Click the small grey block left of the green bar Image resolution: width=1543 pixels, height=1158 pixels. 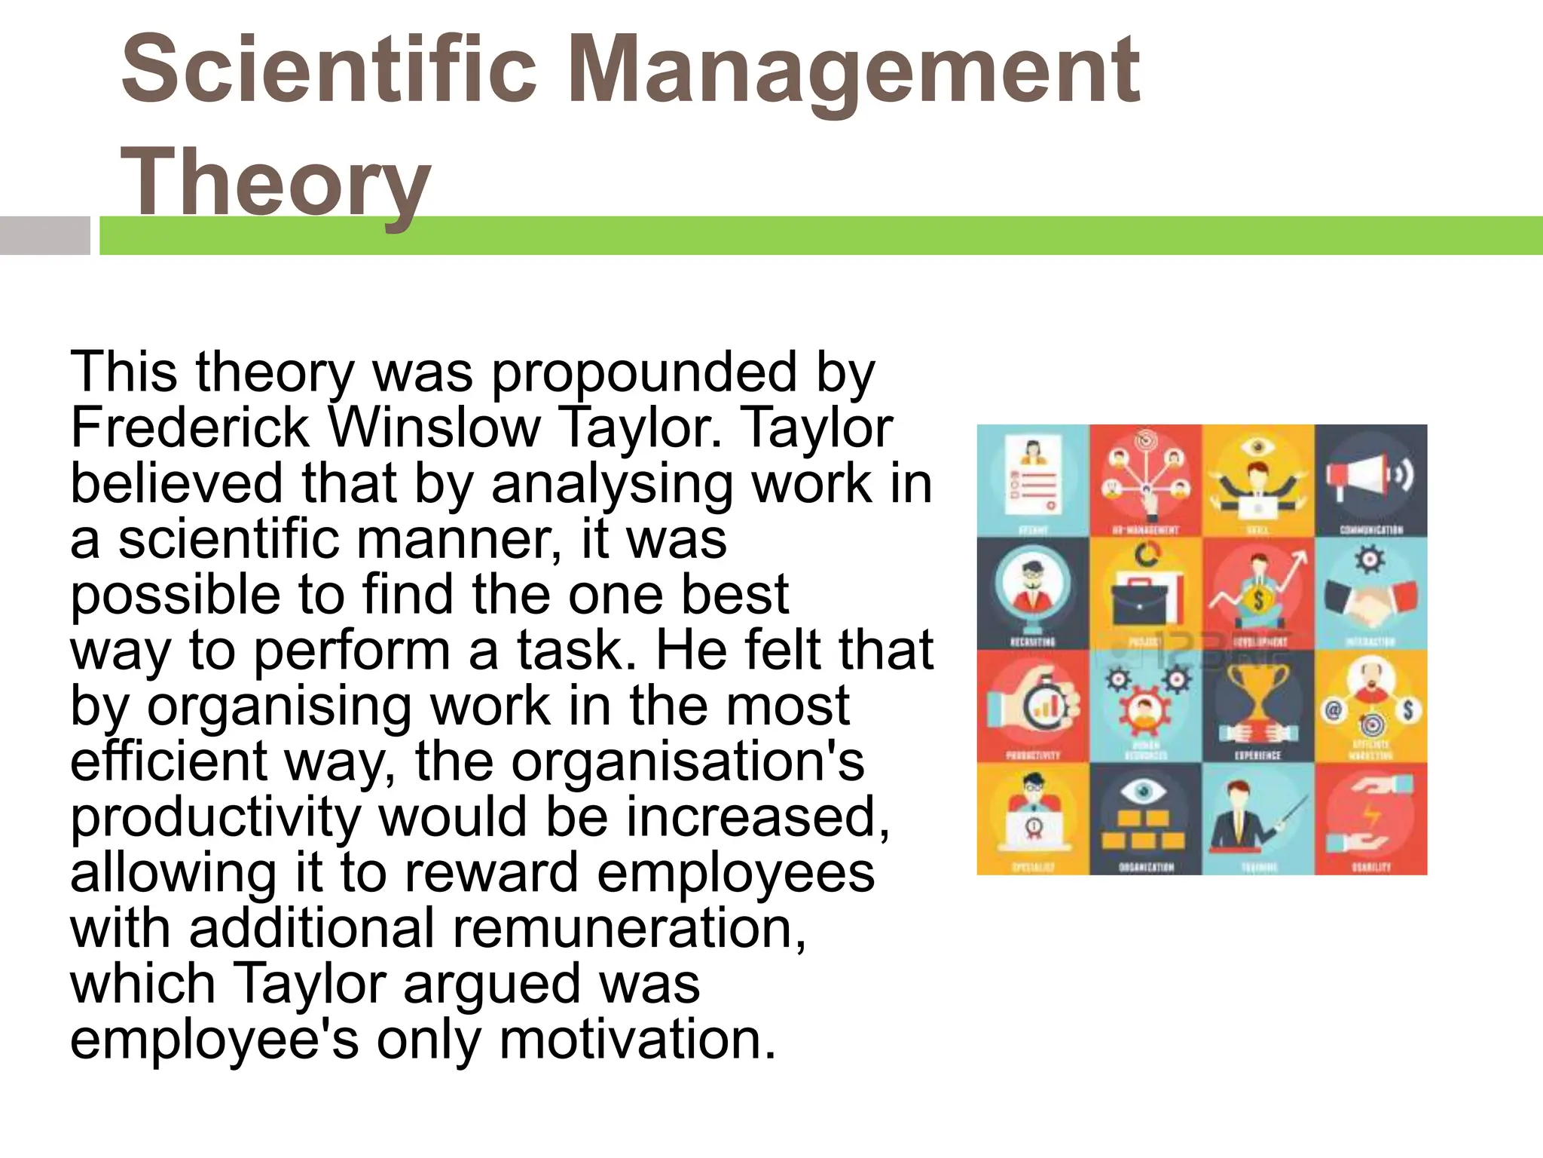click(x=44, y=235)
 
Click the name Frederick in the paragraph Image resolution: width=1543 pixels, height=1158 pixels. click(x=190, y=428)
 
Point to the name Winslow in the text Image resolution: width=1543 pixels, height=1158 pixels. click(x=435, y=428)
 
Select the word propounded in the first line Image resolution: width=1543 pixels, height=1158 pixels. click(x=644, y=372)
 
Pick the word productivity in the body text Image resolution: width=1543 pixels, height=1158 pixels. click(x=215, y=817)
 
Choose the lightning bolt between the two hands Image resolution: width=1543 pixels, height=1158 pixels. click(x=1372, y=816)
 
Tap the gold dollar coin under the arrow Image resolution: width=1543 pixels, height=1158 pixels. click(x=1257, y=601)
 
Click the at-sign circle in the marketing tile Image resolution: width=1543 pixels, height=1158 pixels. click(x=1333, y=710)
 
